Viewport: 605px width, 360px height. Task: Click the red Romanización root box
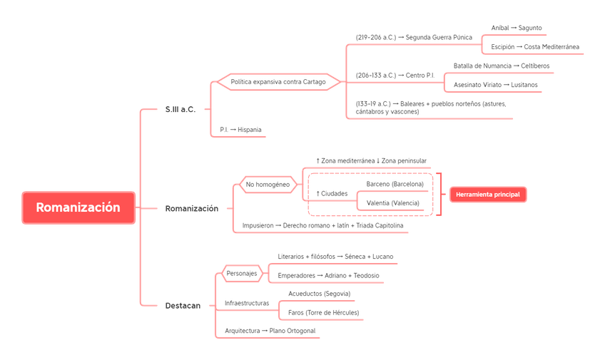78,208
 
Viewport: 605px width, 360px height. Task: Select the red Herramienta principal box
488,195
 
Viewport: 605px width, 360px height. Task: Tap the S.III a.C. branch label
179,109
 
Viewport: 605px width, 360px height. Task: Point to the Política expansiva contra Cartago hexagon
279,82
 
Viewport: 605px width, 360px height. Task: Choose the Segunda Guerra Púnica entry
413,36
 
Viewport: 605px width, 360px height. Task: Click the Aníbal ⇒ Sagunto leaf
516,27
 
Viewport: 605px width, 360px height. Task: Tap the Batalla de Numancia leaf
501,66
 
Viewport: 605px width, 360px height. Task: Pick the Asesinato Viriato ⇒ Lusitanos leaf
496,85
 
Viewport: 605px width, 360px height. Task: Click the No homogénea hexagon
268,185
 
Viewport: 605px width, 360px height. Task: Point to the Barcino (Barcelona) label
395,184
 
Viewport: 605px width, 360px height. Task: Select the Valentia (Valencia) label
393,203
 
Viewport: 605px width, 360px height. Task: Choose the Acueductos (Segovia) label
320,294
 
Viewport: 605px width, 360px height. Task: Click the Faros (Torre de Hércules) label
323,313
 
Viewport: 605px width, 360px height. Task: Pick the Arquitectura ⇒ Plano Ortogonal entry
270,331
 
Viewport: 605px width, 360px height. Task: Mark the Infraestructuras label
247,303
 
